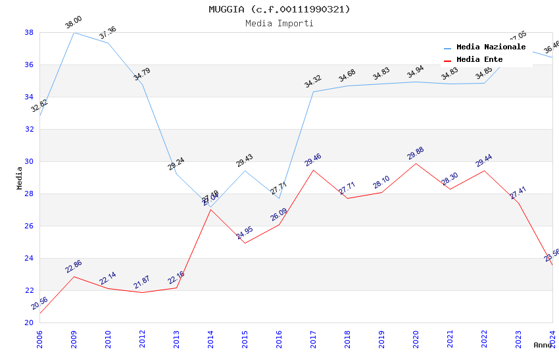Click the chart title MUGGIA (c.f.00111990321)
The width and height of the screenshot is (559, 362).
tap(279, 9)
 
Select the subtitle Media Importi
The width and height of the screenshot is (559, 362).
tap(279, 23)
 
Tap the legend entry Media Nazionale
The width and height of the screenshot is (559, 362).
tap(491, 47)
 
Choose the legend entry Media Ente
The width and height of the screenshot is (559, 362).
tap(479, 60)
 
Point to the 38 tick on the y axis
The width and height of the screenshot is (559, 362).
tap(29, 32)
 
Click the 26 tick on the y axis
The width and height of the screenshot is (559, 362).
tap(29, 226)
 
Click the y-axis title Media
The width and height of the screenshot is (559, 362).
tap(19, 178)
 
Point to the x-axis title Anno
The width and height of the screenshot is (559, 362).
tap(543, 345)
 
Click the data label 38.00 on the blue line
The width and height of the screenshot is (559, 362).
tap(73, 24)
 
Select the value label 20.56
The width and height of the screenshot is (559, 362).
tap(39, 303)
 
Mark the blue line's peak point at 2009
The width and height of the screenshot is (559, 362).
tap(74, 32)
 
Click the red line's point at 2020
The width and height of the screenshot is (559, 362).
tap(416, 163)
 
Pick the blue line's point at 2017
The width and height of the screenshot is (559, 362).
tap(313, 91)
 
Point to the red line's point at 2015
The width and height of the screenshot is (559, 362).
tap(245, 243)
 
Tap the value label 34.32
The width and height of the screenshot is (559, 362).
tap(312, 82)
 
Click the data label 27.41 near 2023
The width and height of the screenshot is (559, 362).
tap(518, 193)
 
